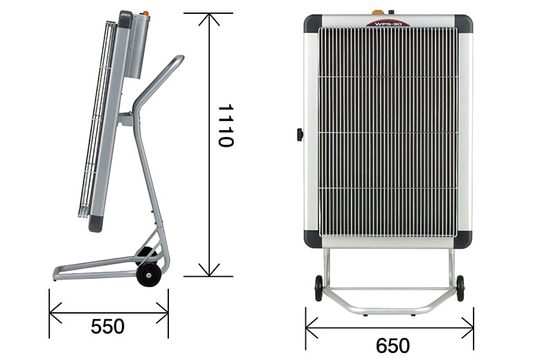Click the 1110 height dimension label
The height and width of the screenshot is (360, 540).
click(226, 126)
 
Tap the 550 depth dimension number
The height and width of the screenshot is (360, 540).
click(108, 326)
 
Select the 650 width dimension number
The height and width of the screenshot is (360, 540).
click(393, 345)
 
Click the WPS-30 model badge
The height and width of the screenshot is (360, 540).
click(388, 24)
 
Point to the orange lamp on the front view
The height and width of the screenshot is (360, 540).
click(379, 12)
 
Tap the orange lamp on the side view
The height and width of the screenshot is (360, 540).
click(145, 13)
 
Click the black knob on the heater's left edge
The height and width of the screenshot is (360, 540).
click(300, 135)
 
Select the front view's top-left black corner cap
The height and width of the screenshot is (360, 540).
click(313, 24)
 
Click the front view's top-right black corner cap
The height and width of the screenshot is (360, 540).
click(464, 24)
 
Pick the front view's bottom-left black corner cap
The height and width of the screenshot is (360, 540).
click(313, 240)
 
